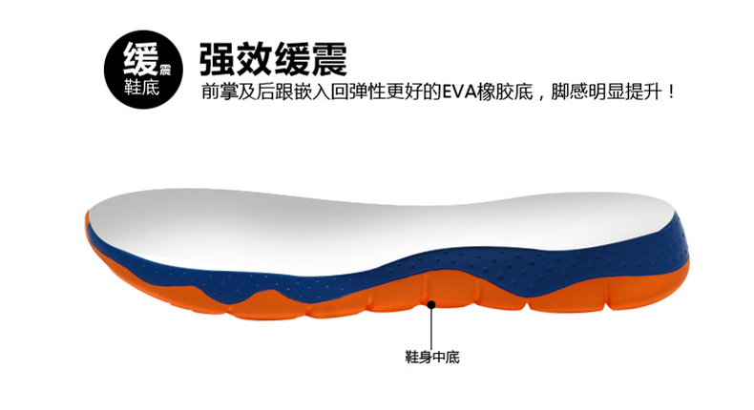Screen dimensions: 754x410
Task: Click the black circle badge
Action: point(143,70)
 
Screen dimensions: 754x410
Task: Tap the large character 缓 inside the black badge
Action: point(140,59)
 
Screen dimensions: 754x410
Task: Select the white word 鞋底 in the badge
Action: point(141,87)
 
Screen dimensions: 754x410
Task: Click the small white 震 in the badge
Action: point(165,70)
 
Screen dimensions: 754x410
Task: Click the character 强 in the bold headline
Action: point(218,59)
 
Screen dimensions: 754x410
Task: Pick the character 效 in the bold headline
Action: point(255,59)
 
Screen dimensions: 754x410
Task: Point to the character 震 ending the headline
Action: point(329,59)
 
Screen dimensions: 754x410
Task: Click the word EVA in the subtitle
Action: point(459,92)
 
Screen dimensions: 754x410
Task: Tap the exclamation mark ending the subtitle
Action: point(671,92)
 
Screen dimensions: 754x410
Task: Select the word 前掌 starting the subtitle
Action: point(220,92)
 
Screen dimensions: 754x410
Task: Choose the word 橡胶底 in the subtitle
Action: point(505,92)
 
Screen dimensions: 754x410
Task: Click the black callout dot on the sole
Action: point(431,304)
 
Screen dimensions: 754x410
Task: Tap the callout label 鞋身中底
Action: point(432,357)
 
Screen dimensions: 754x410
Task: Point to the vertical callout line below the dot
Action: point(431,329)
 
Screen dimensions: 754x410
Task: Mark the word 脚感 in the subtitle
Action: point(570,92)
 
